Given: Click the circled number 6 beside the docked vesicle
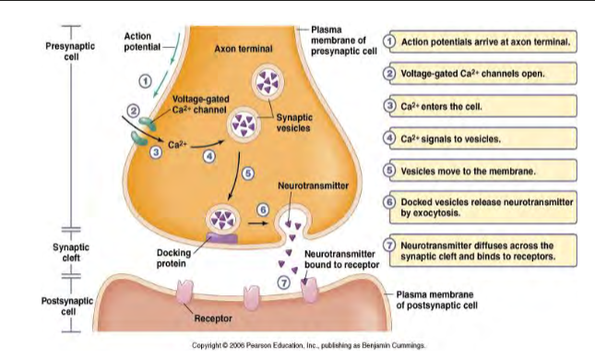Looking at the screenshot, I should point(263,210).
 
